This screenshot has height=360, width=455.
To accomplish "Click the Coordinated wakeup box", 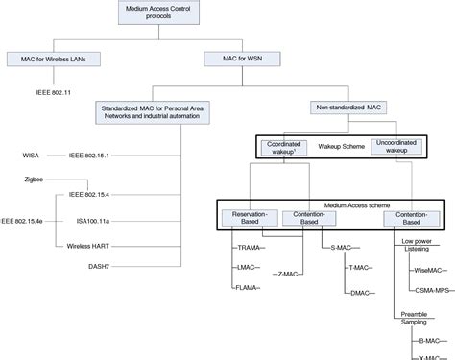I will [x=284, y=149].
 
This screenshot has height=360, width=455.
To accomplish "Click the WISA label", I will [x=31, y=155].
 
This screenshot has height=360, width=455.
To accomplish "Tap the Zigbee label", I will [x=36, y=179].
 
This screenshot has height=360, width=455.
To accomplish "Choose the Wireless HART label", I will [x=86, y=246].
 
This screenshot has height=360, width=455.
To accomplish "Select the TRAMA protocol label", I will [x=250, y=247].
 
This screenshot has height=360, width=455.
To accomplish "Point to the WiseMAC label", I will [x=427, y=272].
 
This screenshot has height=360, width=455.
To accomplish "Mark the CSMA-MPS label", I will [x=431, y=287].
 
